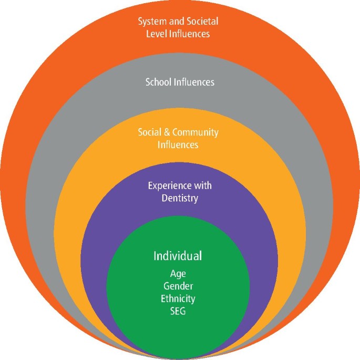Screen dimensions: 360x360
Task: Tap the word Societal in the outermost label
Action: pyautogui.click(x=202, y=22)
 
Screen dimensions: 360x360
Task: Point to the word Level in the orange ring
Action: pyautogui.click(x=158, y=34)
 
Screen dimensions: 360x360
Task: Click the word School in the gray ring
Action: pyautogui.click(x=158, y=82)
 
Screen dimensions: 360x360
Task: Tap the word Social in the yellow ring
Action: pyautogui.click(x=149, y=132)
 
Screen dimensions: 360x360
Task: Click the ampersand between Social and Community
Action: pyautogui.click(x=167, y=132)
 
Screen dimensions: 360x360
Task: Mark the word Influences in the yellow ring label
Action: pyautogui.click(x=178, y=145)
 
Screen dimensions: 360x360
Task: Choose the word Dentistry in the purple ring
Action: pyautogui.click(x=180, y=198)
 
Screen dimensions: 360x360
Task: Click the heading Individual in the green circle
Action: pyautogui.click(x=178, y=256)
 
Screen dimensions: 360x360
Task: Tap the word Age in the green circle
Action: pyautogui.click(x=178, y=274)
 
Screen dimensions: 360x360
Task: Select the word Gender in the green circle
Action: pyautogui.click(x=178, y=286)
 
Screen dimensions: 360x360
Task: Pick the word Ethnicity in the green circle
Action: pyautogui.click(x=178, y=299)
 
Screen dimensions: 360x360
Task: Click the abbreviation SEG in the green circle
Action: pyautogui.click(x=178, y=311)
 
